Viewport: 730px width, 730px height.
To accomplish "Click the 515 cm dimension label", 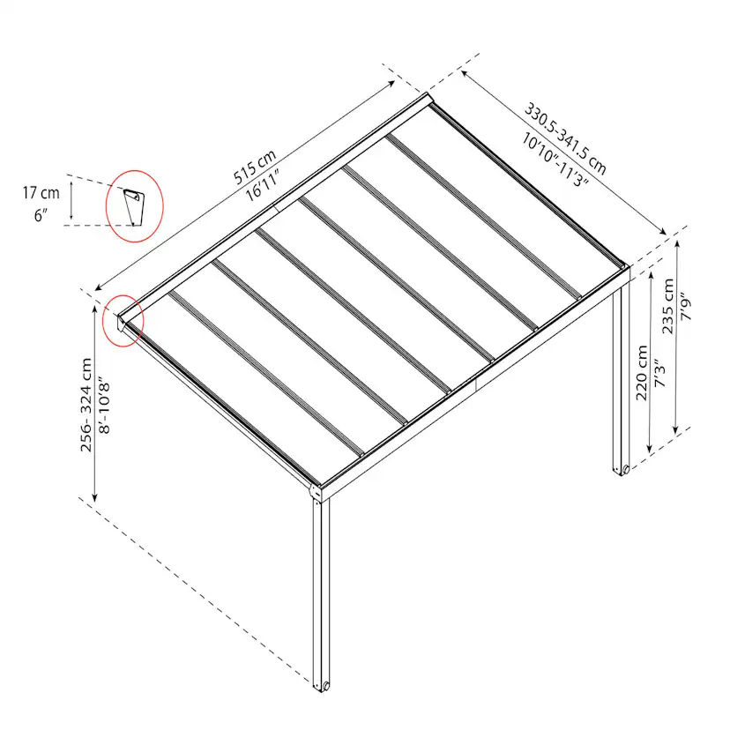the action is tap(255, 167).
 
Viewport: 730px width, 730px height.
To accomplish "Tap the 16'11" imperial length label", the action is tap(263, 186).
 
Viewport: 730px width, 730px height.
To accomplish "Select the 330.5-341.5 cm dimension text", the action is tap(565, 138).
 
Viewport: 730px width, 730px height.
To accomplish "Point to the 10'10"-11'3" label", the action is tap(555, 160).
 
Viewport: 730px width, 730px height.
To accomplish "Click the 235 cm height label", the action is tap(668, 306).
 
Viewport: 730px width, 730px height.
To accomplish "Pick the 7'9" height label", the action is tap(686, 306).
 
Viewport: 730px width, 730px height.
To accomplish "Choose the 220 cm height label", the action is tap(642, 372).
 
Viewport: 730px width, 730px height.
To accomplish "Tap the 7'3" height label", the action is tap(660, 373).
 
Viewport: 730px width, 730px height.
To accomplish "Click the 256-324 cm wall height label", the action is tap(86, 405).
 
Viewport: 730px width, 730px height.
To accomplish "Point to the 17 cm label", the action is tap(41, 193).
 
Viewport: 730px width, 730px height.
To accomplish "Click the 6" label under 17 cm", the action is tap(41, 215).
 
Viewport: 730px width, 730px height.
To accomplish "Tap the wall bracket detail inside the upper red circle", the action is tap(134, 207).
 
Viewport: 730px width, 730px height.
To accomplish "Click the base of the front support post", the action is tap(321, 686).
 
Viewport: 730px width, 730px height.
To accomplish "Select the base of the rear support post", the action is tap(622, 469).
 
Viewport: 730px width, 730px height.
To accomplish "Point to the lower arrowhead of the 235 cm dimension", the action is tap(676, 429).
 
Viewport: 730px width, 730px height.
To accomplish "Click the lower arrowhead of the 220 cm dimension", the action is tap(650, 448).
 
